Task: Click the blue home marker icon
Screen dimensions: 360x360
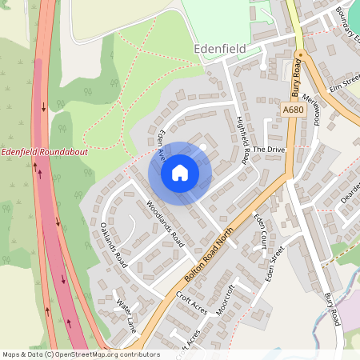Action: [180, 173]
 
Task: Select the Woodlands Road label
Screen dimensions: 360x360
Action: [166, 222]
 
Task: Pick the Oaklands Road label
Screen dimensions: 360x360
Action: [110, 243]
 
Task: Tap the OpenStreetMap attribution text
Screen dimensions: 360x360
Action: [70, 354]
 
